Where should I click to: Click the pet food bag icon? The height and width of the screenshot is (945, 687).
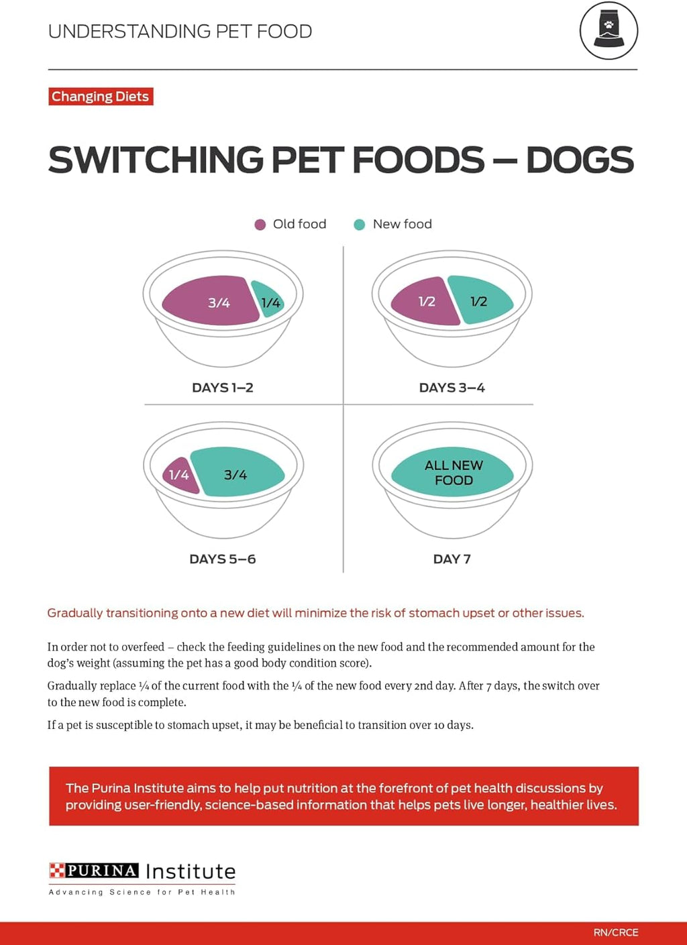609,31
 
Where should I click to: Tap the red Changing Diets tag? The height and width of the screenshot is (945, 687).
101,97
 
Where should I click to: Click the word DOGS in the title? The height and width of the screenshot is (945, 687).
580,160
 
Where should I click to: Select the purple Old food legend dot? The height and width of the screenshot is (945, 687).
260,225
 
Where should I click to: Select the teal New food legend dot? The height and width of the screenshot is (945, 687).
360,225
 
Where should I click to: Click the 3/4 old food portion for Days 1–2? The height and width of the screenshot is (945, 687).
211,302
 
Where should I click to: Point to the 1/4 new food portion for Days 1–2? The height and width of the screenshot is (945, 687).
269,302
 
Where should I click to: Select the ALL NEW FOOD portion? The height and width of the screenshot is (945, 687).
453,472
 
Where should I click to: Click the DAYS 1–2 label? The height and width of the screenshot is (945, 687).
223,388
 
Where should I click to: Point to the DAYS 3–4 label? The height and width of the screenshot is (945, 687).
452,388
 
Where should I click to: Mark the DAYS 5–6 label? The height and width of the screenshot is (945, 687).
223,559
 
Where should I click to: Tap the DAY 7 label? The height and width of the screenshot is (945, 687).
452,559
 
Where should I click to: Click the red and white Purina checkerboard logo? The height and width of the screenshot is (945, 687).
57,871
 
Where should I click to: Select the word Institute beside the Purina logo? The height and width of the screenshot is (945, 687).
191,871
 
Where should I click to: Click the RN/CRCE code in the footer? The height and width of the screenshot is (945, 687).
615,932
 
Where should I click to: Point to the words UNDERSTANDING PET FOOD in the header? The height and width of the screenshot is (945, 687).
180,32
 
